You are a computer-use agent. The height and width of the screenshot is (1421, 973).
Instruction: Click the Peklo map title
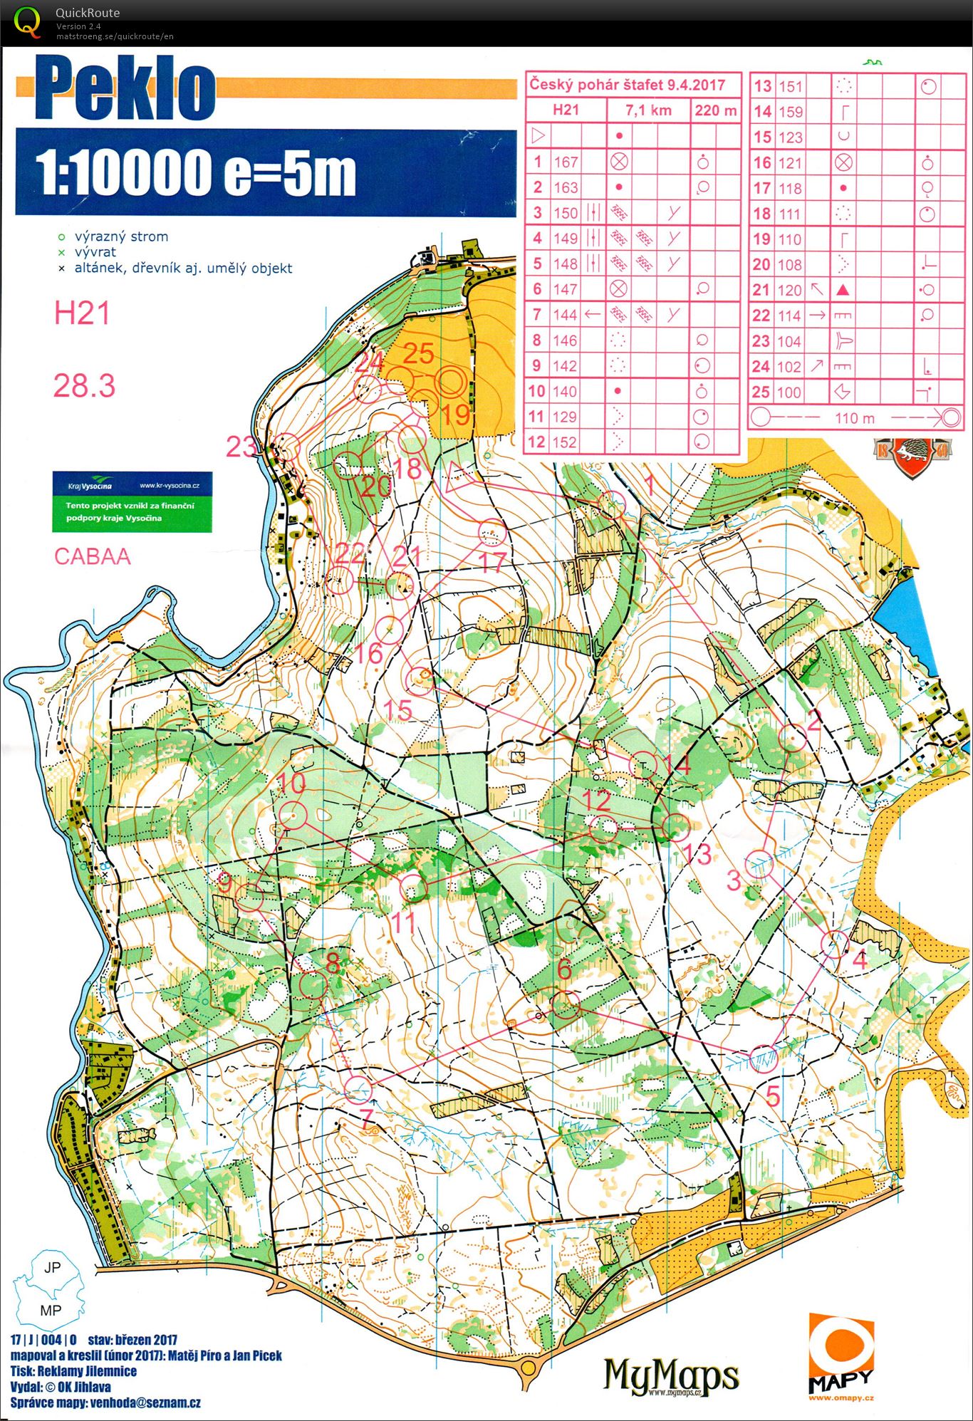pos(125,90)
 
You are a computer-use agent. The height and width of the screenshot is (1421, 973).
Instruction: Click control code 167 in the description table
pos(566,162)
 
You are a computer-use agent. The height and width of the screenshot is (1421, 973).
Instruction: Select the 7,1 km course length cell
pos(647,110)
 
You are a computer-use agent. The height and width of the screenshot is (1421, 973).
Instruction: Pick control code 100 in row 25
pos(789,392)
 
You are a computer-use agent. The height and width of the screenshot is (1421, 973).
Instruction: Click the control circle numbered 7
pos(358,1088)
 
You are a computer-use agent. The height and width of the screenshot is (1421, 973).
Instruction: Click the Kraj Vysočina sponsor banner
pos(132,501)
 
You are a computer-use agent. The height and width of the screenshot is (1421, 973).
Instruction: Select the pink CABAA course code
pos(93,556)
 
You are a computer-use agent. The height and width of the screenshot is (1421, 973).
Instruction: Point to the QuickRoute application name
pos(88,13)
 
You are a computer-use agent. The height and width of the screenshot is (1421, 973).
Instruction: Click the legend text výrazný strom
pos(121,236)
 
